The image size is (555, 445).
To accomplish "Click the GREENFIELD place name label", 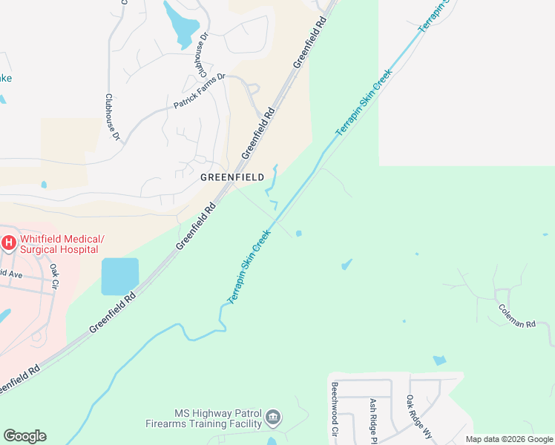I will (232, 178).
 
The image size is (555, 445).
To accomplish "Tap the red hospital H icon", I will (8, 243).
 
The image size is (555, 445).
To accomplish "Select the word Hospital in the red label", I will (80, 250).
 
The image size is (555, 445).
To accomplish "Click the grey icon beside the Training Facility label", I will (274, 418).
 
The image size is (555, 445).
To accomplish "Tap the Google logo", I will (24, 436).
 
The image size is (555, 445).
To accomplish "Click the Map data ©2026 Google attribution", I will (510, 439).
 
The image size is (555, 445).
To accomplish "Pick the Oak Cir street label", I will (53, 276).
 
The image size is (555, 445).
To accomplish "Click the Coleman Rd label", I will (516, 317).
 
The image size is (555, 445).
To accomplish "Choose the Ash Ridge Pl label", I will (373, 420).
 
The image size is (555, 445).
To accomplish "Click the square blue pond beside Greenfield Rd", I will (119, 276).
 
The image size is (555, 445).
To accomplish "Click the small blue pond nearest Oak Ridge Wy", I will (439, 360).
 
